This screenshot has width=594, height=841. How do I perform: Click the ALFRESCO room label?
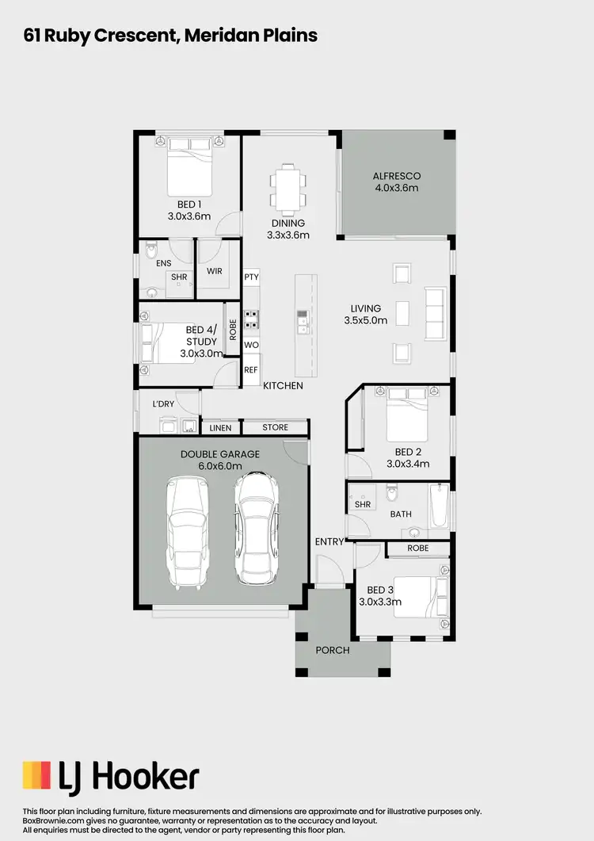[396, 176]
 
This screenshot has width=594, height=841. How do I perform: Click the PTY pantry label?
[252, 277]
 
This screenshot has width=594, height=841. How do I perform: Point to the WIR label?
[214, 271]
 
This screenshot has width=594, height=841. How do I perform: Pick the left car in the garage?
[187, 533]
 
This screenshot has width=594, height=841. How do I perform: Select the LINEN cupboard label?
[221, 428]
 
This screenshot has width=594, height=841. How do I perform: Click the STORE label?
[276, 428]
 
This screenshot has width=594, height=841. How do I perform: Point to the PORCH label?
[333, 650]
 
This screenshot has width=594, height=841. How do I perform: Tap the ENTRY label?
[329, 542]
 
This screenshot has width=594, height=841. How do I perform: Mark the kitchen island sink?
[303, 319]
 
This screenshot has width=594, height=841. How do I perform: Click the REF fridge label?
[251, 369]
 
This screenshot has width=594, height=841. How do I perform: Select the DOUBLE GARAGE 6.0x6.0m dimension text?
[220, 466]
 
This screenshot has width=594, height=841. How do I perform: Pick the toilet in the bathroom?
[390, 496]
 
